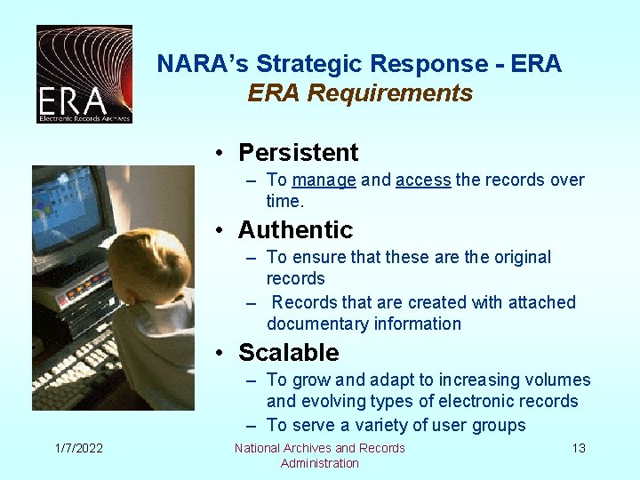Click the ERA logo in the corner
84,74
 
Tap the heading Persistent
298,153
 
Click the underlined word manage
324,180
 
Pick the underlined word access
423,180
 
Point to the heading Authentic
295,230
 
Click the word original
521,258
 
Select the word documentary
316,324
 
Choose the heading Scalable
288,353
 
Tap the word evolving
335,402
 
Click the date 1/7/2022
77,448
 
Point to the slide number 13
579,448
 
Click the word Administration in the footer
319,463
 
